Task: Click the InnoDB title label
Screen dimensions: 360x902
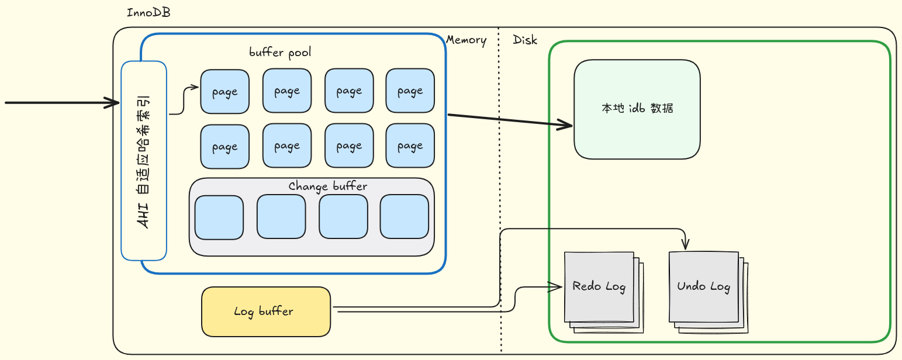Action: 148,12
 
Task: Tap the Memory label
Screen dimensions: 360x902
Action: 466,40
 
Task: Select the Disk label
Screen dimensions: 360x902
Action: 525,40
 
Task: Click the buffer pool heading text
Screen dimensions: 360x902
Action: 280,52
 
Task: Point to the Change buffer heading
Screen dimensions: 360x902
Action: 327,186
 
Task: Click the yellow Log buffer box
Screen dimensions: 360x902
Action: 266,311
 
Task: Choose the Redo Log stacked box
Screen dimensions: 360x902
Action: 599,286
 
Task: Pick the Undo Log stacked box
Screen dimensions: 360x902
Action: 703,286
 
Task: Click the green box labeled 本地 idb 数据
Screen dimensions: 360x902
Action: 637,109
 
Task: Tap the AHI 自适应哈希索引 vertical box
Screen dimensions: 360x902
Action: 144,161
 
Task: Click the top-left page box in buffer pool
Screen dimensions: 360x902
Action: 224,91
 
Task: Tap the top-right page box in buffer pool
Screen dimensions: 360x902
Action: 410,91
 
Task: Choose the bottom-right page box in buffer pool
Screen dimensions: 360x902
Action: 410,146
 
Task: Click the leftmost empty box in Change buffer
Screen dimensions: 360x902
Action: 219,217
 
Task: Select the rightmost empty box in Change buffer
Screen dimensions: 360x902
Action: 404,217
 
